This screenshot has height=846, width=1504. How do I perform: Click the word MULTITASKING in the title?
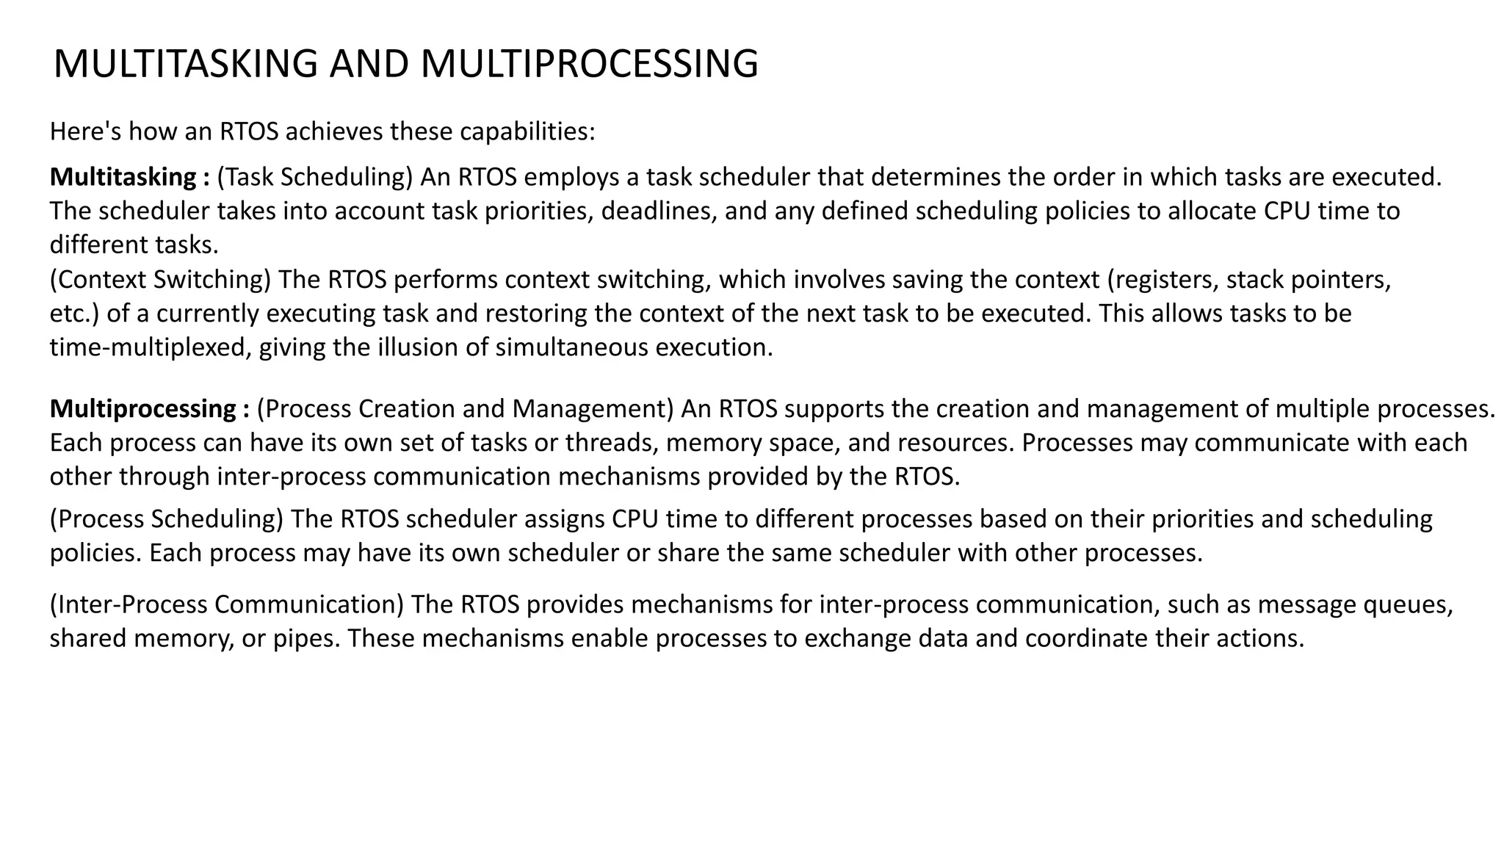[185, 64]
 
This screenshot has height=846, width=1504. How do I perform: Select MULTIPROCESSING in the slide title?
[589, 64]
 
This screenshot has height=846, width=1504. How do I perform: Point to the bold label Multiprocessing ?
[150, 408]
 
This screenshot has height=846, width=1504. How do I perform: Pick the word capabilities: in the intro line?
[527, 131]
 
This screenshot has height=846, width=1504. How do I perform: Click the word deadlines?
[659, 211]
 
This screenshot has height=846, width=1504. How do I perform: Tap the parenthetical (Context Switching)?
[161, 280]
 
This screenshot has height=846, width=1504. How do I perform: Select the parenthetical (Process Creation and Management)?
[465, 408]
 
